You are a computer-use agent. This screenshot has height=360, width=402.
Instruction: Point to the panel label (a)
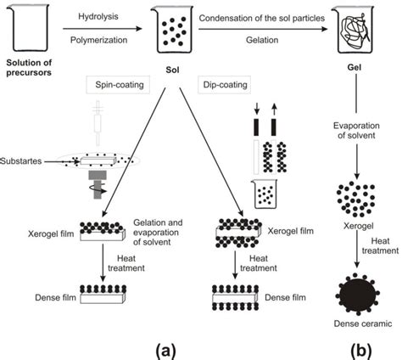coord(168,347)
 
